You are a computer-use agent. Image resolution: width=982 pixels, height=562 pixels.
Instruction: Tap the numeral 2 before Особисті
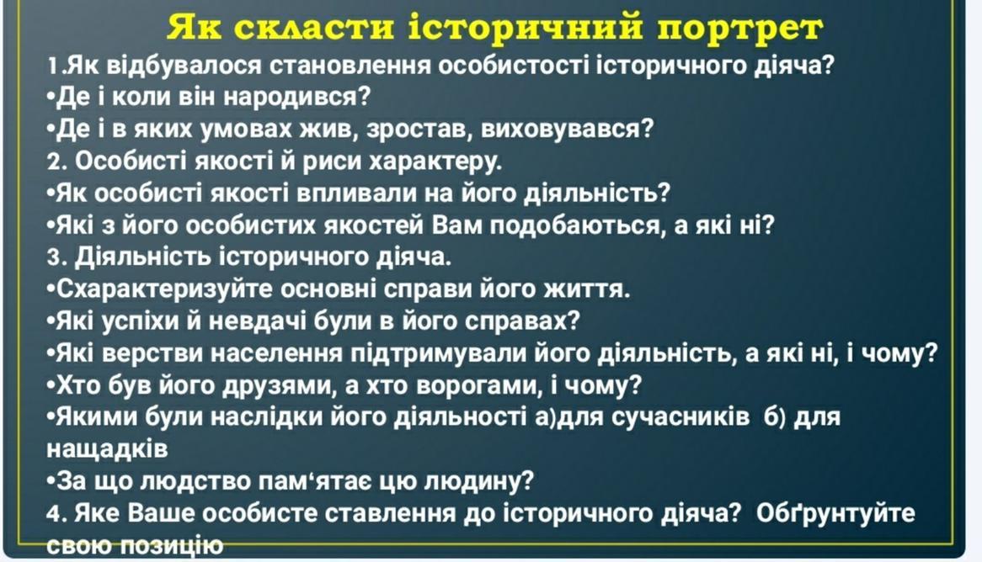55,162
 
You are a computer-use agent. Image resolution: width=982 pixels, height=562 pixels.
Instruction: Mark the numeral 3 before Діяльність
55,257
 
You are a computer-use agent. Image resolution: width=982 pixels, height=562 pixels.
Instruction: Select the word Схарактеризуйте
165,289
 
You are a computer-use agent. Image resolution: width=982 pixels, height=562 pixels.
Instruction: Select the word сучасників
680,417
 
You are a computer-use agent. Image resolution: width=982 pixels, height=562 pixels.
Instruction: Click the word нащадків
107,449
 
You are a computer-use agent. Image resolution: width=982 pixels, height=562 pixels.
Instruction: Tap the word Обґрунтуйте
835,513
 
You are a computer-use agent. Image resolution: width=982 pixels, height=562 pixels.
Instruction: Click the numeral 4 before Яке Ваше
55,514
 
